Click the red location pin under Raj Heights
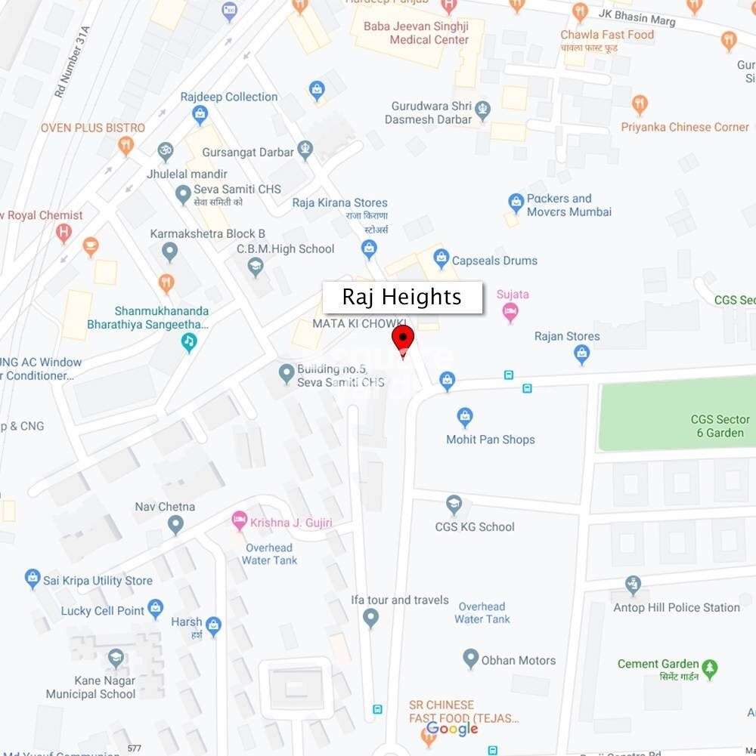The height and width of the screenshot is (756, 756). [x=403, y=338]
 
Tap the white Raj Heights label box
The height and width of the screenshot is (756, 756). [x=402, y=298]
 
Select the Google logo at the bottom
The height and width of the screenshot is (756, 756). [x=452, y=729]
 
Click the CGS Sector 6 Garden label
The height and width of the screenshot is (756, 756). [x=720, y=426]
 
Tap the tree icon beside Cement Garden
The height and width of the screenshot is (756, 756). [x=709, y=668]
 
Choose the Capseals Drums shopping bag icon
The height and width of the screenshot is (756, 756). [x=442, y=260]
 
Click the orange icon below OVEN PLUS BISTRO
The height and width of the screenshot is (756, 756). [x=126, y=146]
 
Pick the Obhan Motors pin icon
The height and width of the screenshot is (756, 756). [x=471, y=659]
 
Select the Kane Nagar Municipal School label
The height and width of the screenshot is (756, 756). [x=91, y=687]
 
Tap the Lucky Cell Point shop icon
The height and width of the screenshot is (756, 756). [x=156, y=607]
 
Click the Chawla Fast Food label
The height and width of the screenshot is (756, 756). [x=607, y=35]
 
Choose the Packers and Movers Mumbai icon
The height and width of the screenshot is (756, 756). [x=516, y=202]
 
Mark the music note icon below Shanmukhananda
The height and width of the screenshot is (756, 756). [x=189, y=342]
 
